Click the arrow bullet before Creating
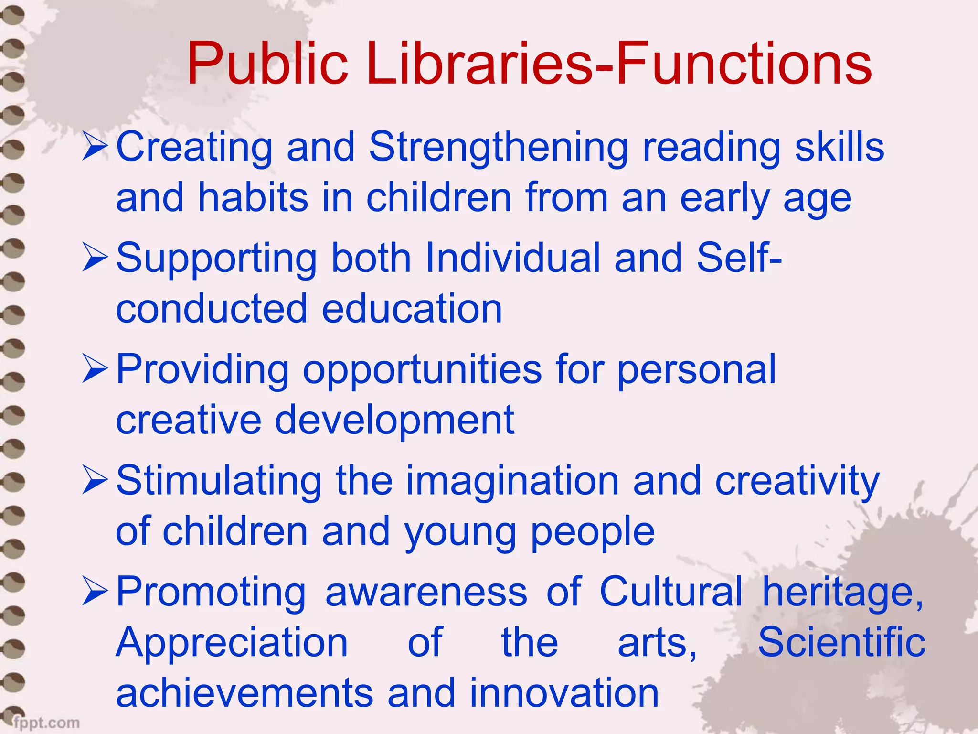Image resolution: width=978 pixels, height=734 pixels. (x=95, y=147)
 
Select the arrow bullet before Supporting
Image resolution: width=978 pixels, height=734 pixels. (x=95, y=258)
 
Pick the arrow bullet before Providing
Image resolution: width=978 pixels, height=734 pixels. (x=95, y=369)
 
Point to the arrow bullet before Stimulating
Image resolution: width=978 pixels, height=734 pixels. (x=95, y=481)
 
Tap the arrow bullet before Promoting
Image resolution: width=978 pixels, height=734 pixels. (x=95, y=592)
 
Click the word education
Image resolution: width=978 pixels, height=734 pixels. (x=412, y=309)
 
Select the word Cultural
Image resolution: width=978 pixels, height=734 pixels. (x=671, y=592)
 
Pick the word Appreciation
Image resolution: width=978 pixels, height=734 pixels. (x=232, y=643)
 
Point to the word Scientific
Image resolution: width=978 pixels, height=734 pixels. (x=841, y=642)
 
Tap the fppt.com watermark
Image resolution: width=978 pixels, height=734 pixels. (x=46, y=722)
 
